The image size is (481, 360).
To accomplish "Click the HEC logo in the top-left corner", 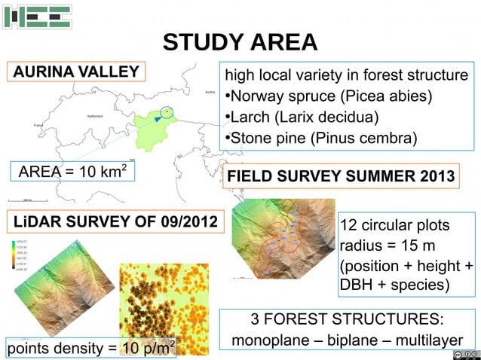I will (x=37, y=17).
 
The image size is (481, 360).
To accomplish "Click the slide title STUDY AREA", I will (x=240, y=42).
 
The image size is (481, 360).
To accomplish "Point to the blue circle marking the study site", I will (x=167, y=113).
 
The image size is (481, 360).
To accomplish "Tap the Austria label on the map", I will (x=209, y=92).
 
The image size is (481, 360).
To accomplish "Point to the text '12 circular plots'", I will (x=395, y=227).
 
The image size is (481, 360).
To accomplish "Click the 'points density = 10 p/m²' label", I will (x=90, y=347).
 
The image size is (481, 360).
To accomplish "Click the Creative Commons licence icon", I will (x=465, y=354).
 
